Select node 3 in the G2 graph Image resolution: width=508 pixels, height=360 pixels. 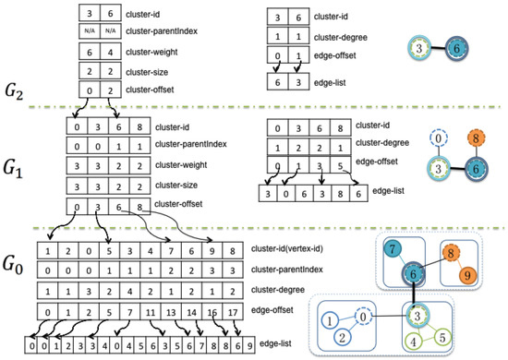tap(421, 47)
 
